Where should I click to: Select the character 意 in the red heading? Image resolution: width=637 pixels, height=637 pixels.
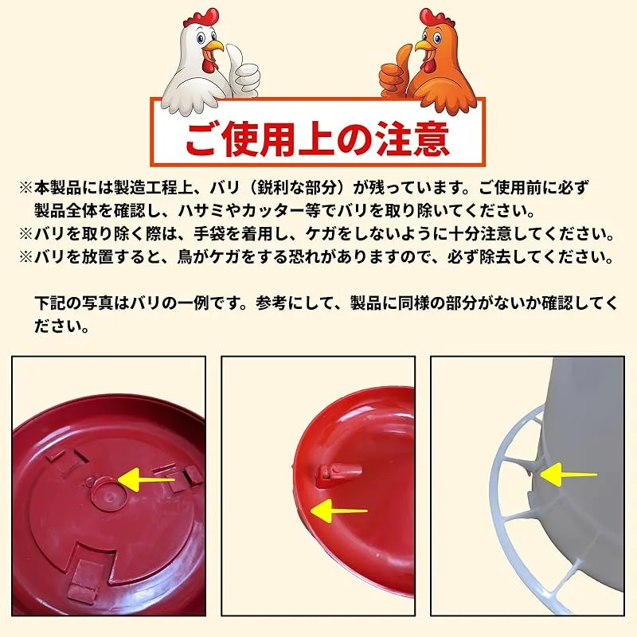pos(432,138)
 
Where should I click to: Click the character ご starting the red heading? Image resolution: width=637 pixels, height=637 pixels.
pos(204,138)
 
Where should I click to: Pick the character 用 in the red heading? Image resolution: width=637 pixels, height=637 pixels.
pos(279,138)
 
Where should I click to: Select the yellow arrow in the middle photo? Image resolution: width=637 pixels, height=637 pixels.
pos(339,510)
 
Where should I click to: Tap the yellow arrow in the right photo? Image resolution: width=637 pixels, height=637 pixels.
pos(569,474)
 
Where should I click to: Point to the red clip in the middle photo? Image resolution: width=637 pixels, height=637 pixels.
pos(338,475)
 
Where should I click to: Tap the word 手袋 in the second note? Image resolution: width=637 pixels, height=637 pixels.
pos(209,234)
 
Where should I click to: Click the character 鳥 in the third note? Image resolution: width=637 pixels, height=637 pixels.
pos(185,257)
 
